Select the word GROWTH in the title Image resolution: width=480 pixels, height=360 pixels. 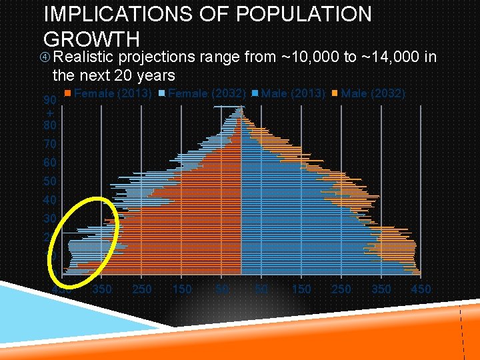[91, 39]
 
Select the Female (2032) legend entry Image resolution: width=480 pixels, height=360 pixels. [205, 94]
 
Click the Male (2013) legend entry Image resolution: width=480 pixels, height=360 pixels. [291, 94]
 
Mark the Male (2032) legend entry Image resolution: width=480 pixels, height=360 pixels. [370, 94]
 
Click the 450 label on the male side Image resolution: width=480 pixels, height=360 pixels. [421, 289]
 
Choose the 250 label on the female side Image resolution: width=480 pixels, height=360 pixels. [142, 289]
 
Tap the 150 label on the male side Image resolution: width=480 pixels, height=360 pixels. [301, 289]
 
